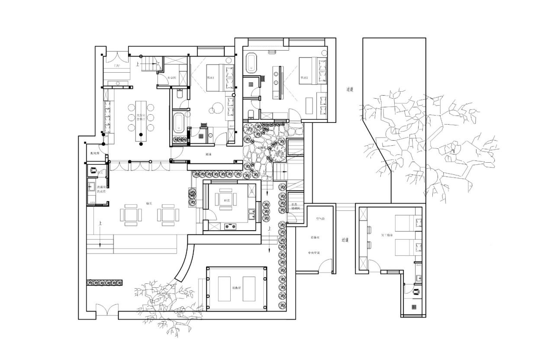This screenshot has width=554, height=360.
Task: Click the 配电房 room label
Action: [x=95, y=153]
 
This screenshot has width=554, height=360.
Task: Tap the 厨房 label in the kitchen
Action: [x=226, y=200]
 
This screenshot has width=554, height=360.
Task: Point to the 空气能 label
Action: [x=320, y=219]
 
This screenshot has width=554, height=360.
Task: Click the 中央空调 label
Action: [x=313, y=253]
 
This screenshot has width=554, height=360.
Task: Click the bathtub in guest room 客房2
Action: [x=251, y=63]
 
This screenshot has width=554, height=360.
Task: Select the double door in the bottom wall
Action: [x=106, y=311]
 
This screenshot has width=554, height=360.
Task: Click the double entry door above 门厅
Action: [x=116, y=57]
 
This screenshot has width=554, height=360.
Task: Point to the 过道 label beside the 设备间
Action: [x=345, y=240]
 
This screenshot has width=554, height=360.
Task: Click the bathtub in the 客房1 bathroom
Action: [x=178, y=123]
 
